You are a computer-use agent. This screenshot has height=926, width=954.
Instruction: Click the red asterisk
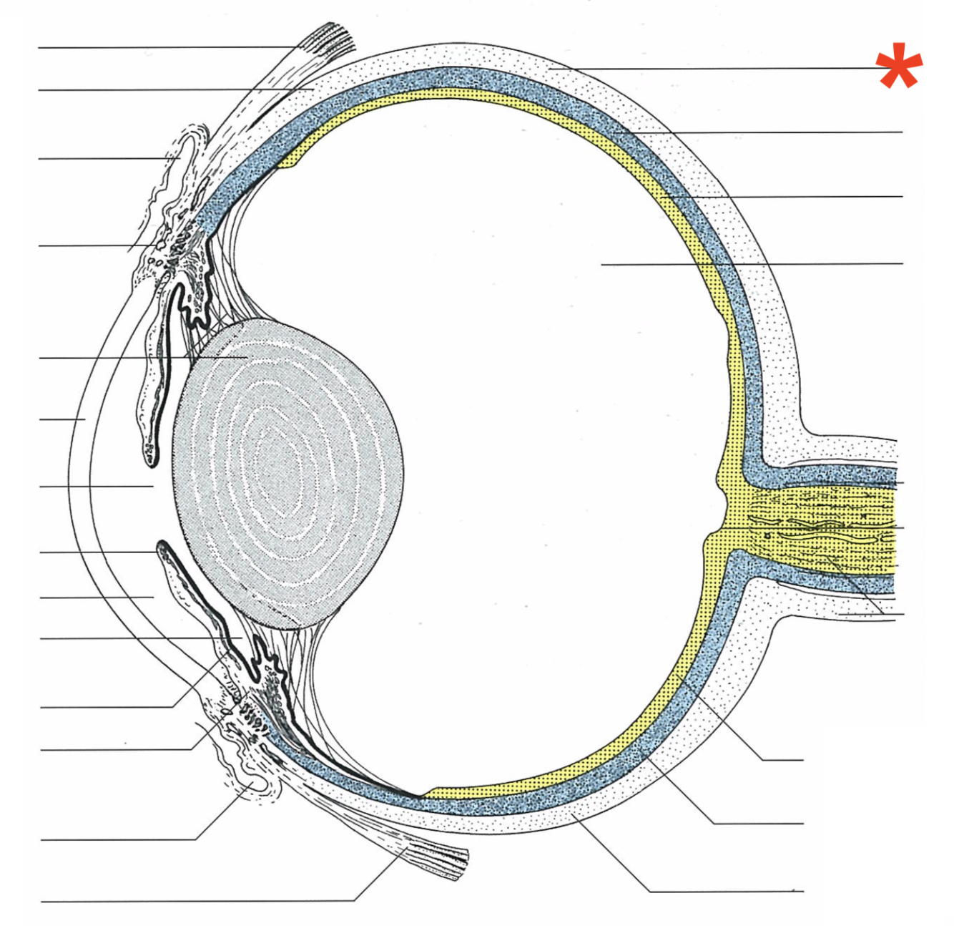[899, 66]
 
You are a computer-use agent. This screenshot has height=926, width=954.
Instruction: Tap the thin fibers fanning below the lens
[315, 687]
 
